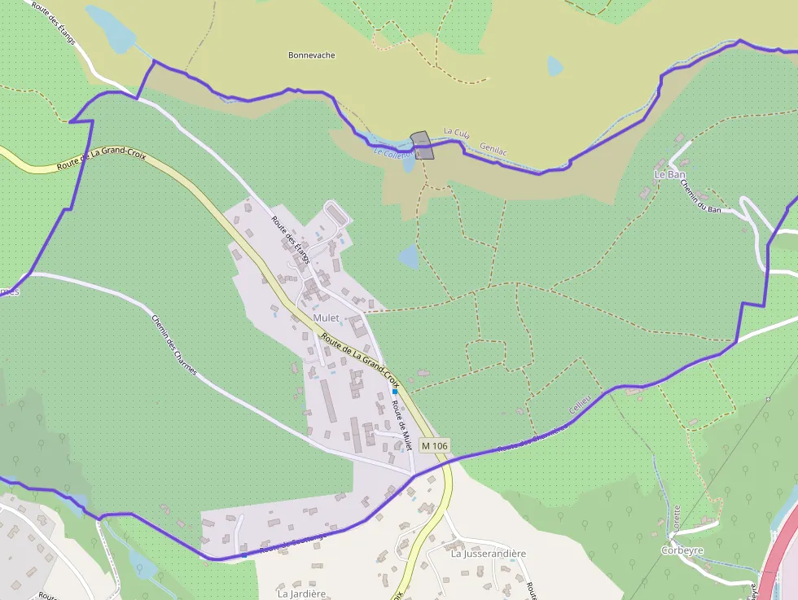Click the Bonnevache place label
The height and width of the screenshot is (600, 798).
312,55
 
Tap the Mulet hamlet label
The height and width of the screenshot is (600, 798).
326,318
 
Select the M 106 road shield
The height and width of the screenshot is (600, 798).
435,445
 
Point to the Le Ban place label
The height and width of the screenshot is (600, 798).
670,174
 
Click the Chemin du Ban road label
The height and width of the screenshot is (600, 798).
701,197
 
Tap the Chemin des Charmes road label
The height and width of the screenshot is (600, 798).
174,345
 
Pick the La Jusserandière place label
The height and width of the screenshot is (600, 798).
489,554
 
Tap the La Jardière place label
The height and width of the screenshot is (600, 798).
300,593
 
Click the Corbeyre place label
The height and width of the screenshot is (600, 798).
682,550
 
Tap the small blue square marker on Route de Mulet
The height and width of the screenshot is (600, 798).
395,392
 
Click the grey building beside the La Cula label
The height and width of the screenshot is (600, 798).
422,145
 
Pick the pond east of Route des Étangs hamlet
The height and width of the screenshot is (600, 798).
409,259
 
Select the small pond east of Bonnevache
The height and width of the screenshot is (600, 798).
555,66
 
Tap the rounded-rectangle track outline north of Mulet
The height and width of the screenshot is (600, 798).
336,212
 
